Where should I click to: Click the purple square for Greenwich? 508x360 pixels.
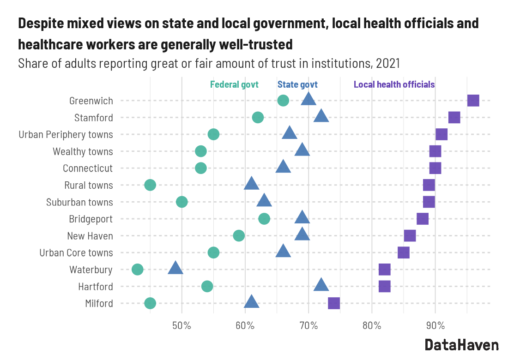click(473, 101)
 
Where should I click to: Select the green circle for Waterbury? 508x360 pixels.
click(137, 270)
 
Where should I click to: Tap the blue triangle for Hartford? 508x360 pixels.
click(321, 285)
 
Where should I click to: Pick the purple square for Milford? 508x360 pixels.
click(333, 303)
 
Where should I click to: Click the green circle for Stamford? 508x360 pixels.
click(258, 117)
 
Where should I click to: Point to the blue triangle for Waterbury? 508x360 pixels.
click(175, 268)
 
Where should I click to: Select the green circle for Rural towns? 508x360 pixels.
click(150, 185)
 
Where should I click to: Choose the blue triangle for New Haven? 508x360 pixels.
click(302, 234)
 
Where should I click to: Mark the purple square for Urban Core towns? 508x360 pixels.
click(403, 252)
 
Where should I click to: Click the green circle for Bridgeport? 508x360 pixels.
click(264, 219)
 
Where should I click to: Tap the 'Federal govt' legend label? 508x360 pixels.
click(234, 85)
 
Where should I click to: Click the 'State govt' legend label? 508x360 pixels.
click(297, 85)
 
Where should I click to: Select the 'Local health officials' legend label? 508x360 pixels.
click(394, 85)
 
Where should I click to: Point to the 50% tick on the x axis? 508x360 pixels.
click(181, 326)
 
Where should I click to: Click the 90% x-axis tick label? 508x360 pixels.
click(435, 326)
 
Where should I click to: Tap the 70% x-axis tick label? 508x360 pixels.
click(308, 326)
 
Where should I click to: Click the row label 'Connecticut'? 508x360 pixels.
click(88, 168)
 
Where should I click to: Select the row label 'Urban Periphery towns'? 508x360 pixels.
click(66, 135)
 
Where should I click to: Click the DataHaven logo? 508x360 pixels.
click(461, 345)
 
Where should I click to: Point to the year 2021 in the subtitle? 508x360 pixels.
click(387, 63)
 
